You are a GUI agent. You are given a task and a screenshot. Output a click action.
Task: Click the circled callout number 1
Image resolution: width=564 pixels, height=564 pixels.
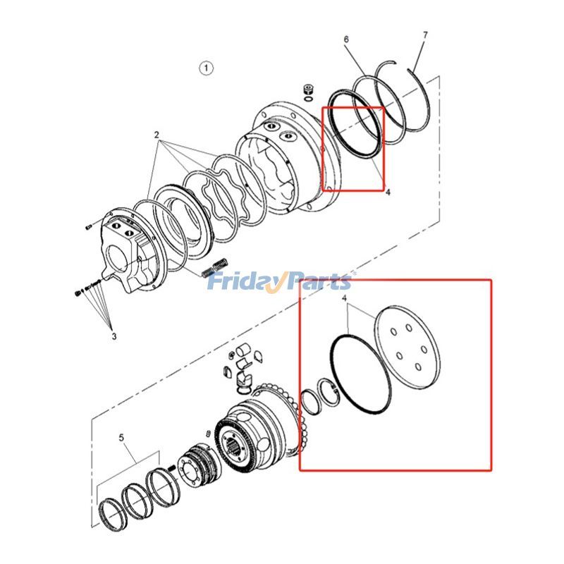pos(205,68)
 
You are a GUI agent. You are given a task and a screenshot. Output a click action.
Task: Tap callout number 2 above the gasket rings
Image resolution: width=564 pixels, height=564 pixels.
pos(157,135)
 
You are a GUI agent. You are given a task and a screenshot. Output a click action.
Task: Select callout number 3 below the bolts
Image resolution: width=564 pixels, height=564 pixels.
pos(114,336)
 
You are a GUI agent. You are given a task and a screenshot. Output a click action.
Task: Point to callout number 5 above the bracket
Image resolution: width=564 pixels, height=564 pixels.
pos(121,438)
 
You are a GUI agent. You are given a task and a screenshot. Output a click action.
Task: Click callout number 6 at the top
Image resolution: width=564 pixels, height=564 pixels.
pos(346,39)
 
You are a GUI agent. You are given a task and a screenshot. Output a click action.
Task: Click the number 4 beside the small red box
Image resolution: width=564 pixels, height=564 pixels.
pos(388,190)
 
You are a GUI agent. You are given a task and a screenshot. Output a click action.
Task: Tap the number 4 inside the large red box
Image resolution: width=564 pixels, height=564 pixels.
pos(344,301)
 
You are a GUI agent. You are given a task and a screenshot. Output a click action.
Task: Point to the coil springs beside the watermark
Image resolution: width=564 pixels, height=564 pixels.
pos(215,266)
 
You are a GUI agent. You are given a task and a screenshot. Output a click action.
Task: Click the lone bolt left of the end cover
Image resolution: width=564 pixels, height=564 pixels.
pos(88,227)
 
